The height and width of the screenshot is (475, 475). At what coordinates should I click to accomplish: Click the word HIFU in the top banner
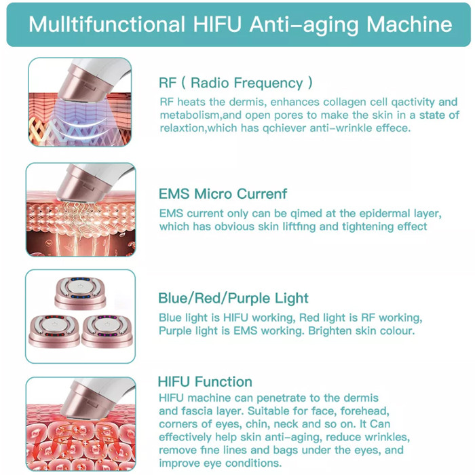[217, 24]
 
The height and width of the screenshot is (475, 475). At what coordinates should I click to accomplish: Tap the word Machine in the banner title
[409, 24]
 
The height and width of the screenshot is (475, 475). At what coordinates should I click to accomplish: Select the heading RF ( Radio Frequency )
[235, 83]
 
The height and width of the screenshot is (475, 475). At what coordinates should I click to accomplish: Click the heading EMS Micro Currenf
[223, 193]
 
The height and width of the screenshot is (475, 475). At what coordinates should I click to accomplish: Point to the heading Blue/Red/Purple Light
[233, 298]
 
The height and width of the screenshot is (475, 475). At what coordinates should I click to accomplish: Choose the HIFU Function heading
[205, 381]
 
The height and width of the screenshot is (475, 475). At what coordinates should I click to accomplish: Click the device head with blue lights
[80, 293]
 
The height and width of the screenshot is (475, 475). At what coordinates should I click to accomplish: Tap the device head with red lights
[54, 331]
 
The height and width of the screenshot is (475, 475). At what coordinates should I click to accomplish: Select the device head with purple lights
[107, 331]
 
